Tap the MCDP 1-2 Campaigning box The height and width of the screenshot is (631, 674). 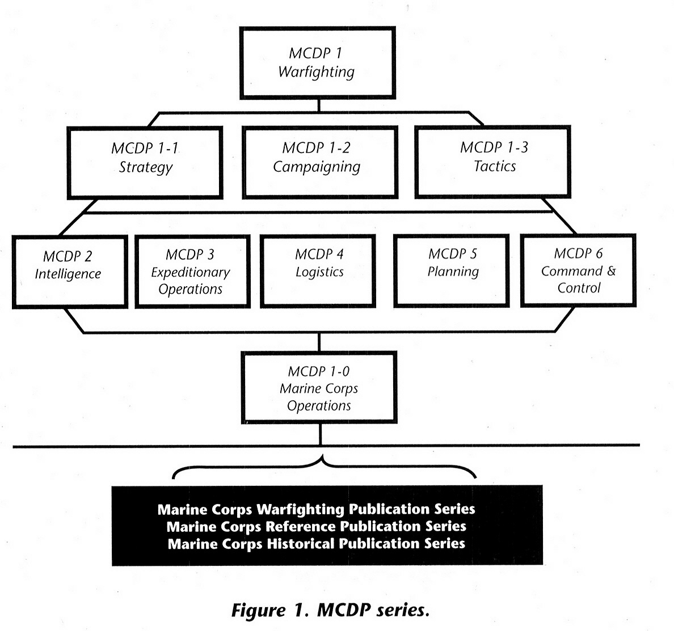pyautogui.click(x=319, y=161)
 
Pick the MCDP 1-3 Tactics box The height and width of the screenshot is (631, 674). pyautogui.click(x=492, y=161)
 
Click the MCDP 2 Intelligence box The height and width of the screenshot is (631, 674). pyautogui.click(x=69, y=272)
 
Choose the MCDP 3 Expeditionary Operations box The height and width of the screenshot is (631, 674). pyautogui.click(x=192, y=272)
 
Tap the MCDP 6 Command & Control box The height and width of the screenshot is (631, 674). pyautogui.click(x=578, y=270)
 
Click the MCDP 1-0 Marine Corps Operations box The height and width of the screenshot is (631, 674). pyautogui.click(x=319, y=387)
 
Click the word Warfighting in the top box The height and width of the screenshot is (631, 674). pyautogui.click(x=316, y=72)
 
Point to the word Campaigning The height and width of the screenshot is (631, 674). pyautogui.click(x=317, y=167)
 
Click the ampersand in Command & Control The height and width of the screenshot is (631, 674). pyautogui.click(x=610, y=271)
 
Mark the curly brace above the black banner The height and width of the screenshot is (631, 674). pyautogui.click(x=323, y=467)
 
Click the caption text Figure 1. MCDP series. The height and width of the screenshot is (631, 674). pyautogui.click(x=330, y=610)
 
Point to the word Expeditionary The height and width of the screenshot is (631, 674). pyautogui.click(x=191, y=273)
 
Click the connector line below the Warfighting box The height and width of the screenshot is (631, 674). pyautogui.click(x=319, y=105)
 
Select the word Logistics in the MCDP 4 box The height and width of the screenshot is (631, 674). pyautogui.click(x=319, y=272)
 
